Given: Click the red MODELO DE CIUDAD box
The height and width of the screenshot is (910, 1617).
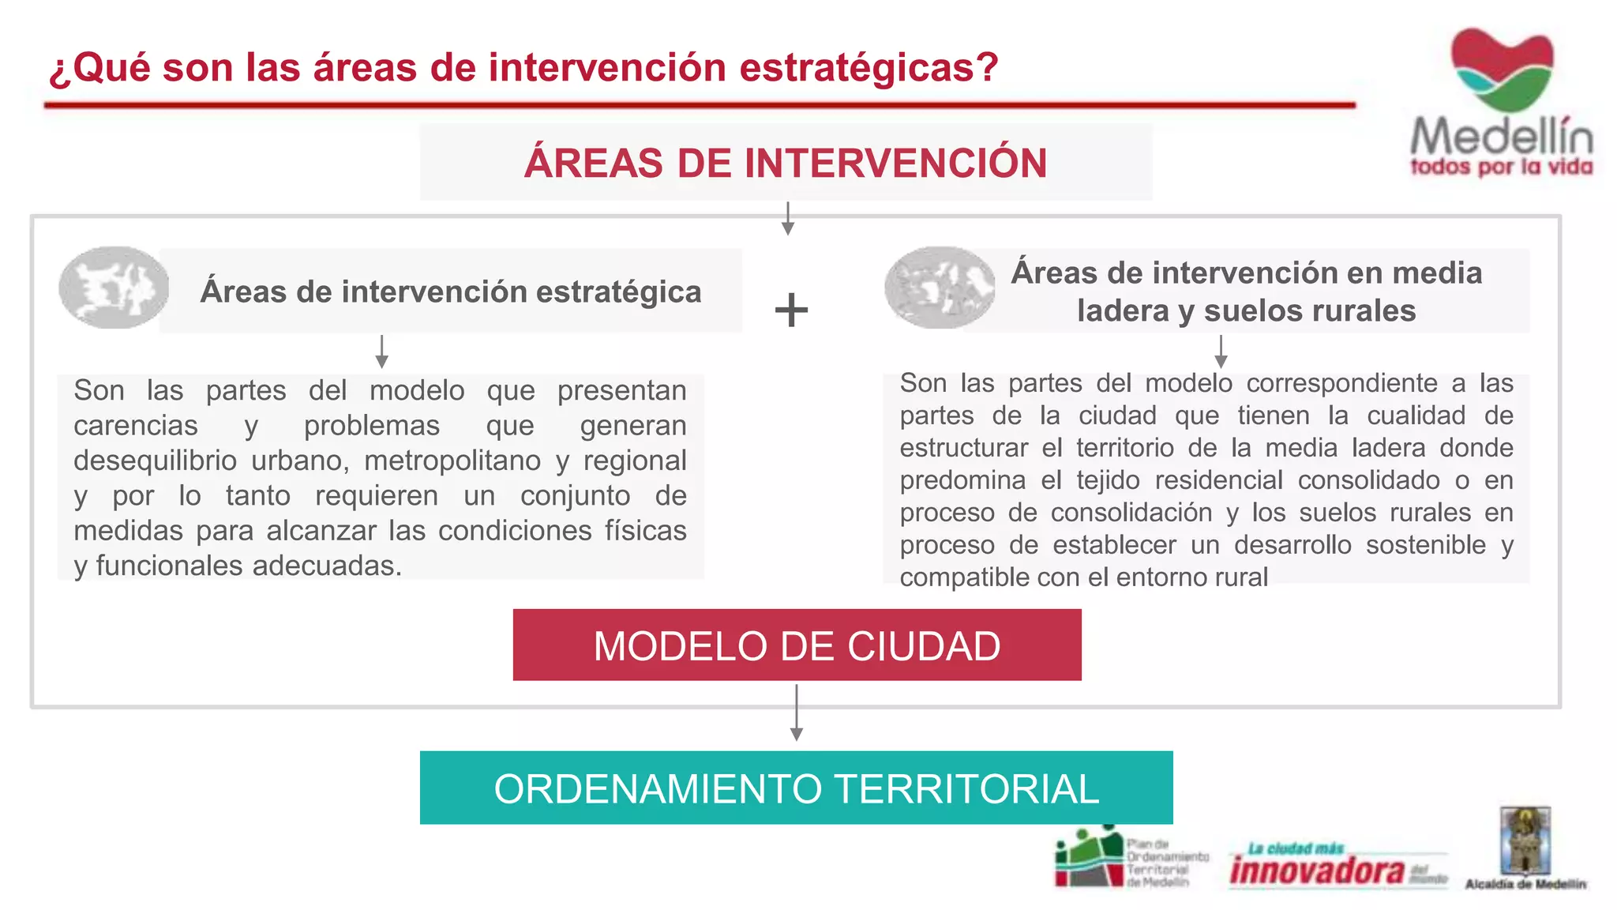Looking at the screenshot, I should click(797, 645).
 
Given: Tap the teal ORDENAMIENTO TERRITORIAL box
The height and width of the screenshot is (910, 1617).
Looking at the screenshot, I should click(796, 788).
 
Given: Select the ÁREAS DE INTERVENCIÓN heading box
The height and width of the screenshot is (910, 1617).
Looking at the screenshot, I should click(786, 163).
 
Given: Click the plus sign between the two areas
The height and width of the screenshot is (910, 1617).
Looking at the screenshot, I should click(791, 310).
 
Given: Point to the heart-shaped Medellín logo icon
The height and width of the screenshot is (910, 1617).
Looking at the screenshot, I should click(1502, 70).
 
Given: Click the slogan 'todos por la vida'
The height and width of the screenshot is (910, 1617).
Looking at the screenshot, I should click(1501, 167).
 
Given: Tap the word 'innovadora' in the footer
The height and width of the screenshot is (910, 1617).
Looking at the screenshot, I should click(1317, 871).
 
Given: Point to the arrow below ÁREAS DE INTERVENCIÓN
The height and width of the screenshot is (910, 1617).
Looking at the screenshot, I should click(787, 218).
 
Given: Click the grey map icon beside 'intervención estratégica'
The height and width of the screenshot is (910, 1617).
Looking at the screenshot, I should click(114, 288).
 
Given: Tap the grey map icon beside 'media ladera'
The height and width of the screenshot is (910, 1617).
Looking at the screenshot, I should click(940, 288).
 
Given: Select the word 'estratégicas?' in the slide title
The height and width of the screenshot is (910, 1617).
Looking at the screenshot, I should click(869, 67).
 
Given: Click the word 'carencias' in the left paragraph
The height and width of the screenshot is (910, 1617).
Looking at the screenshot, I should click(136, 426).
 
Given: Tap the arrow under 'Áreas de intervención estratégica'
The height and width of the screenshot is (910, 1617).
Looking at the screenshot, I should click(381, 352).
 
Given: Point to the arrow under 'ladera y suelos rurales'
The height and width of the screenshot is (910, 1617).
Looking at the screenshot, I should click(1221, 352).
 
